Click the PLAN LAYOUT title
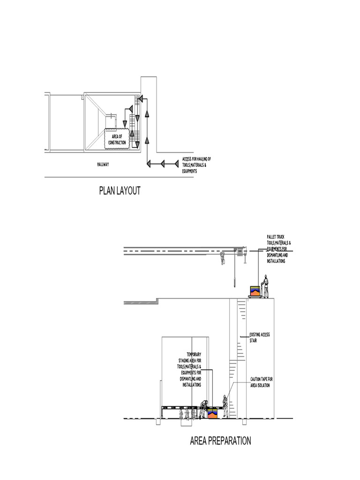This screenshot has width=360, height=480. point(120,191)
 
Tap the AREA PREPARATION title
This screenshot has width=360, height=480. point(220,441)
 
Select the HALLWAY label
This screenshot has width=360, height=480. point(103,164)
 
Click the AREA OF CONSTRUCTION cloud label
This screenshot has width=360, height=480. point(117,140)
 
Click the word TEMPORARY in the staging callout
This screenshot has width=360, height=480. point(194,354)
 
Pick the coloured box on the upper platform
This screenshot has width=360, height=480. point(255,291)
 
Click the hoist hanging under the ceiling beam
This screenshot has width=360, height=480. point(222,257)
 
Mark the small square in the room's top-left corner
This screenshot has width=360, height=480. point(82,97)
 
